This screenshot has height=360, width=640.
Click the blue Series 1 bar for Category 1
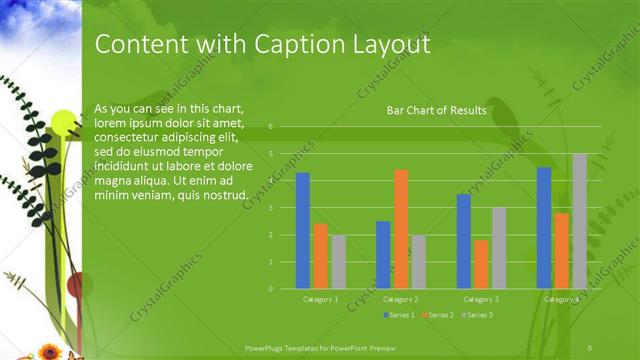point(303,231)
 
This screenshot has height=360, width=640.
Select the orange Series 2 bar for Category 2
point(401,229)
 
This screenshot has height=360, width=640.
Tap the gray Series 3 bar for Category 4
point(579,221)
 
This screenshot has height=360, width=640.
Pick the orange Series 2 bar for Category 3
point(481,264)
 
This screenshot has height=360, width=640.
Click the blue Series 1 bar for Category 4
point(544,228)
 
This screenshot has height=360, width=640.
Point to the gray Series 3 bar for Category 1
point(338,262)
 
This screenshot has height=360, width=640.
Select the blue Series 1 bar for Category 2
point(383,255)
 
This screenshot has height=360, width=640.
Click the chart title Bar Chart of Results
point(436,110)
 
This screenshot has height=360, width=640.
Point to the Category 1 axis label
point(321,299)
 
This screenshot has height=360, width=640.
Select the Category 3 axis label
point(481,299)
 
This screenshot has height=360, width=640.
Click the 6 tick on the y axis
point(270,127)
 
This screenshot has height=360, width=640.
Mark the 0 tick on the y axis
point(270,289)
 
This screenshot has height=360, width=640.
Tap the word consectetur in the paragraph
point(126,137)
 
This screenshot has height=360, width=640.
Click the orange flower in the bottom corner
point(49,350)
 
